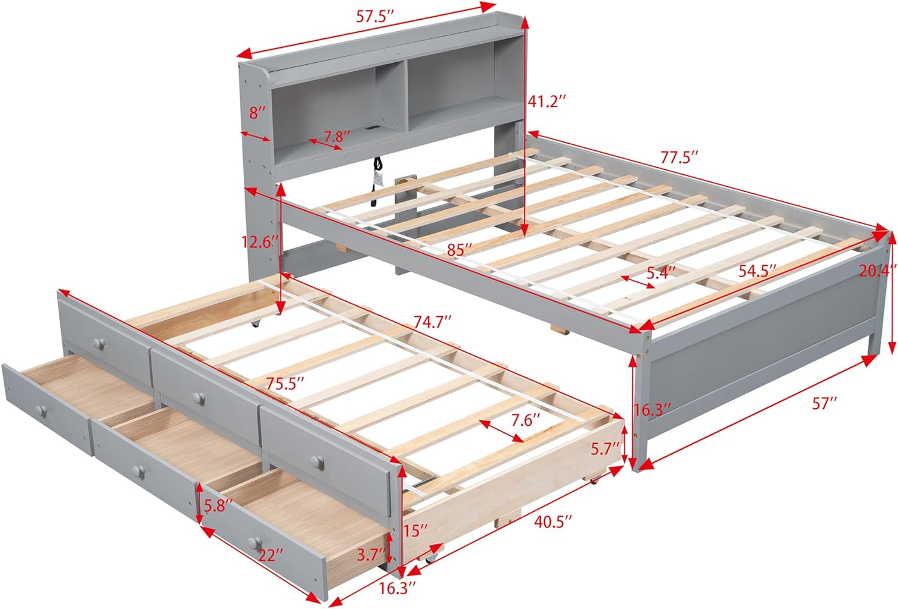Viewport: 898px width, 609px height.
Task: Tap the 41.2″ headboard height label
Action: click(547, 102)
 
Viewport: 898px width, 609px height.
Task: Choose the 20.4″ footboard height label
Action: click(878, 271)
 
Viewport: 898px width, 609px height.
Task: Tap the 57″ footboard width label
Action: click(824, 404)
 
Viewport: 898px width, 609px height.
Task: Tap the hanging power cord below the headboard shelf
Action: click(378, 174)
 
